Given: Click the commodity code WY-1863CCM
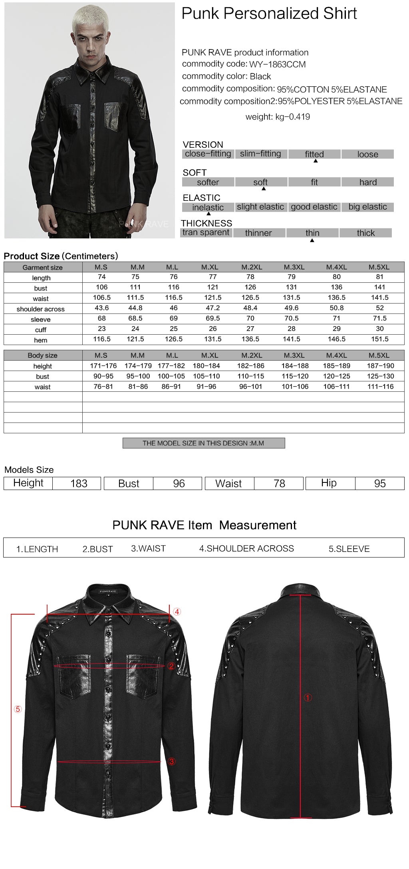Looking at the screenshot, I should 277,64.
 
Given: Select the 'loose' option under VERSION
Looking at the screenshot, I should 367,154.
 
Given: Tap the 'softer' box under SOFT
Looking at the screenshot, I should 208,182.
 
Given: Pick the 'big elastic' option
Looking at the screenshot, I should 367,207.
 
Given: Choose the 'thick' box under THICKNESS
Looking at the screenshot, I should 365,233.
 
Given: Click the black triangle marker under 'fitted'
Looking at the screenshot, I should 316,161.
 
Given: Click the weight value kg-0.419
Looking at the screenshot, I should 292,117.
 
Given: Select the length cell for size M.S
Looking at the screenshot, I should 102,277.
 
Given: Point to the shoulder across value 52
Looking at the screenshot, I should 379,308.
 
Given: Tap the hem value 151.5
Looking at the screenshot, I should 379,339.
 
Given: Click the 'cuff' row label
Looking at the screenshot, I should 41,330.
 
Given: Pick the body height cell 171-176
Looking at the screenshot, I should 103,365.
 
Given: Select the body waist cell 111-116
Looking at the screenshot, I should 380,386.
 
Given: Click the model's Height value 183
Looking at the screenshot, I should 79,483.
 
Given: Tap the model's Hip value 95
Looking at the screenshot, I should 379,483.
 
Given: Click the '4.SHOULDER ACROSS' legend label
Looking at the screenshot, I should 246,548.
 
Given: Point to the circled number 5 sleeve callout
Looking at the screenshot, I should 18,709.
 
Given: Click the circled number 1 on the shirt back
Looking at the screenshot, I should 308,698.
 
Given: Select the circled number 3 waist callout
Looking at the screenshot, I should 172,762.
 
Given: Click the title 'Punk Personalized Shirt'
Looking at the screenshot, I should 269,14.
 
